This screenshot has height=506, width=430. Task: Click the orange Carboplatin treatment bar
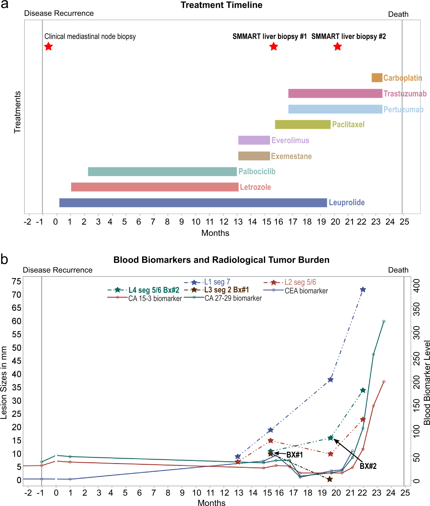pos(377,78)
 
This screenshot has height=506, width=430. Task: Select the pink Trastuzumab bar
pos(335,93)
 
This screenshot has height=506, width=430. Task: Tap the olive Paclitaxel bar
pos(303,124)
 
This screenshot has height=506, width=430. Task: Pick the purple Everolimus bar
pos(254,140)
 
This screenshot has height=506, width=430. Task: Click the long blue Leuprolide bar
pos(193,203)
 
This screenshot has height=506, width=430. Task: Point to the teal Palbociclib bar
pos(162,171)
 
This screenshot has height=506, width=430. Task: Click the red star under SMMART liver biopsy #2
pos(338,46)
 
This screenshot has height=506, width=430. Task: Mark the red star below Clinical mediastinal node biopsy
pos(49,46)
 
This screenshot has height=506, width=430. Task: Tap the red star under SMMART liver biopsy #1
pos(274,46)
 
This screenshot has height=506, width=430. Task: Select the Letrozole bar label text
pos(255,187)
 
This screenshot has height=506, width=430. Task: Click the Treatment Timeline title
pos(222,5)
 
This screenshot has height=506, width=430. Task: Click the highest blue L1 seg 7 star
pos(363,290)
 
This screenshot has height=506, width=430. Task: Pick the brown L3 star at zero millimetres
pos(330,479)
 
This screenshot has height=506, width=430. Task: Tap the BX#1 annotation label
pos(295,455)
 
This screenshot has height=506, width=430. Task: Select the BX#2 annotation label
pos(368,466)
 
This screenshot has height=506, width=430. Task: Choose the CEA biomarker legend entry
pos(306,291)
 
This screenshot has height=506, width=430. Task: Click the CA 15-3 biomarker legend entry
pos(155,298)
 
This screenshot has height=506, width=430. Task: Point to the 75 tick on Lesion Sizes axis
pos(16,281)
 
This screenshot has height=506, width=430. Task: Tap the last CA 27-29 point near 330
pos(384,322)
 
